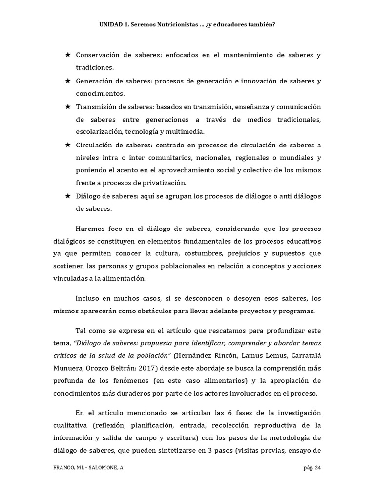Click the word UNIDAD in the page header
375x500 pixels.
[110, 23]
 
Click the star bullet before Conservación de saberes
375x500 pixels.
[68, 55]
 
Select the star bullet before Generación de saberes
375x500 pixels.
[68, 81]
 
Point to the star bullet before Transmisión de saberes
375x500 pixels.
[68, 106]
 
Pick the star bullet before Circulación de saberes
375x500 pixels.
[68, 145]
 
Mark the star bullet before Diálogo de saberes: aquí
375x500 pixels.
[68, 196]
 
